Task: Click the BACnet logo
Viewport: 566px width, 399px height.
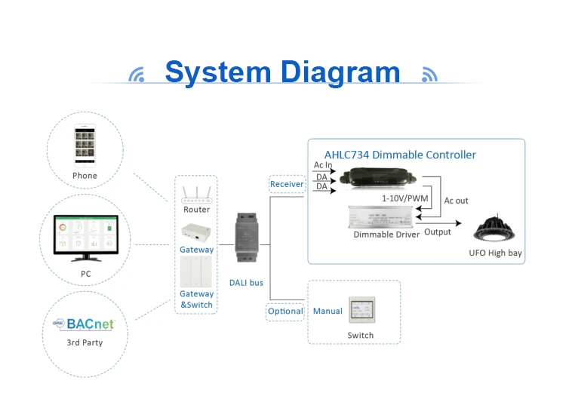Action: (x=83, y=324)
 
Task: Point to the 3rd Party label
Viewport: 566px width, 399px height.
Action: (x=85, y=343)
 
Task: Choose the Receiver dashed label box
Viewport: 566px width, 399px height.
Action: (x=287, y=184)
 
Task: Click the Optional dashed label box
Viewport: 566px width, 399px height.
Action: (x=286, y=311)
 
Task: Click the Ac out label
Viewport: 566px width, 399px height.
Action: (x=456, y=201)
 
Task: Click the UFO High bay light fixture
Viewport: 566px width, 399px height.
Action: (x=494, y=227)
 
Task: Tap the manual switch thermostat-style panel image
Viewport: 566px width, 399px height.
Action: (x=360, y=311)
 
